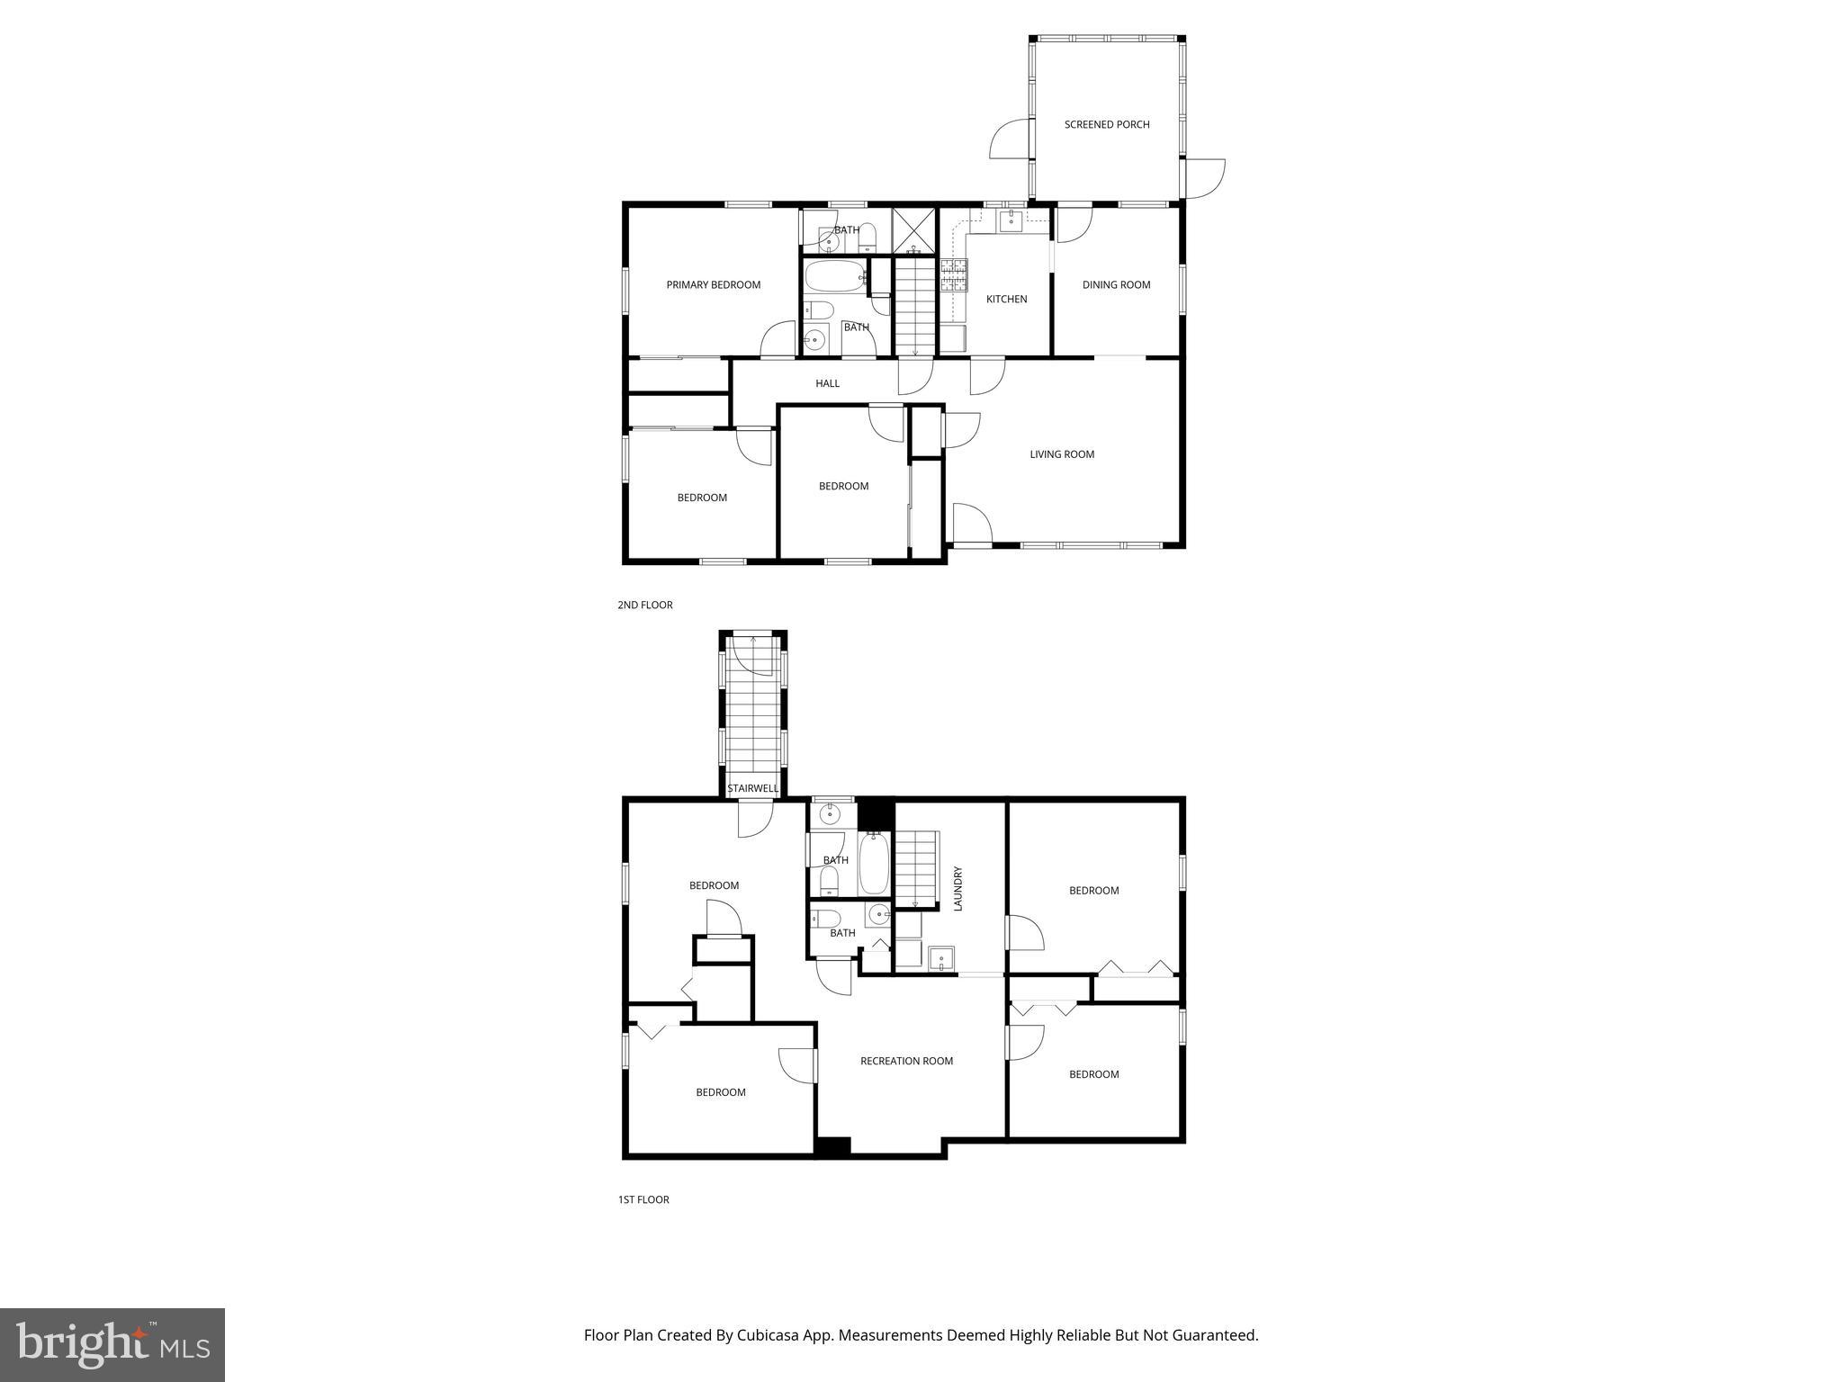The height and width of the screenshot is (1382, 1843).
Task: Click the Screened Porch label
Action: click(x=1107, y=125)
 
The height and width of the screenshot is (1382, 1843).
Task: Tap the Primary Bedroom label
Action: click(x=713, y=285)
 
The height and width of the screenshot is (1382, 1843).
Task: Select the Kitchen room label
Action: click(x=1006, y=300)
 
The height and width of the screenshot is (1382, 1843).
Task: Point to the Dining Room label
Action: click(x=1116, y=285)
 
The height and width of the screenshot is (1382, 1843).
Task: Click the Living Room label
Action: click(x=1062, y=454)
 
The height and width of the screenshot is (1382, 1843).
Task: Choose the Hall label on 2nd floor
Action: click(x=827, y=384)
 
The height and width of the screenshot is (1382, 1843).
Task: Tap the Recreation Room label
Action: click(x=906, y=1061)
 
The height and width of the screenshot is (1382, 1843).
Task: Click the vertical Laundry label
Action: click(x=958, y=889)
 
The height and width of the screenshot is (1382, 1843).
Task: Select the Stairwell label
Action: click(x=753, y=789)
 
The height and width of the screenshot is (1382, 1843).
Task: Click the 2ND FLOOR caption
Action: click(x=644, y=606)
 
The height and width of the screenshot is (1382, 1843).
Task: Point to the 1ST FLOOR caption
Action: click(x=643, y=1199)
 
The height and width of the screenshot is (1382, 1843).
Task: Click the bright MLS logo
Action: click(x=112, y=1344)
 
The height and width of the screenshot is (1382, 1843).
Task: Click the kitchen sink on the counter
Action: click(x=1011, y=220)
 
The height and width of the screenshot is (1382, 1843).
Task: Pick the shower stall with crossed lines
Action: click(x=913, y=230)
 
